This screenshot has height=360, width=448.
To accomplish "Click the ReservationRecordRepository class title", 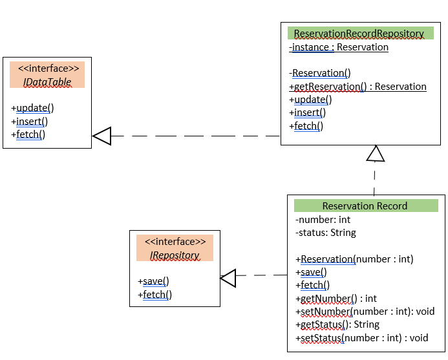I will [359, 34].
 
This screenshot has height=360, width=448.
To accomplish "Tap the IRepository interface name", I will [175, 255].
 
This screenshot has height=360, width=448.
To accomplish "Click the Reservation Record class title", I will [365, 206].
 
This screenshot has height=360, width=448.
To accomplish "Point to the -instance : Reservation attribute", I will [339, 47].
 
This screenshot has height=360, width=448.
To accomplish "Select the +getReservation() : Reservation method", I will [357, 87].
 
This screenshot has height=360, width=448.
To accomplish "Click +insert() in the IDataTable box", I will [30, 121].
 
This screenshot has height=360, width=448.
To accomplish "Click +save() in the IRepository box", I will [153, 281].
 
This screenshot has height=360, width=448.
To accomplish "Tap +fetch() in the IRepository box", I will [155, 294].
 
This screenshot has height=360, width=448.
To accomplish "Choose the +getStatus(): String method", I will [337, 324].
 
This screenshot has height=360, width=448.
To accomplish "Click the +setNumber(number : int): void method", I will [365, 312].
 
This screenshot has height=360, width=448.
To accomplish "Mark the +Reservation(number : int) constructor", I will [354, 259].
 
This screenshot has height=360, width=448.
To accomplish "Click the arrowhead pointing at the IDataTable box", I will [102, 136].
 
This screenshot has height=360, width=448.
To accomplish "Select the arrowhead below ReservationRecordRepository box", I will [376, 153].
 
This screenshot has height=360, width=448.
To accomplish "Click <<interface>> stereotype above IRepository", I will [175, 242].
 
